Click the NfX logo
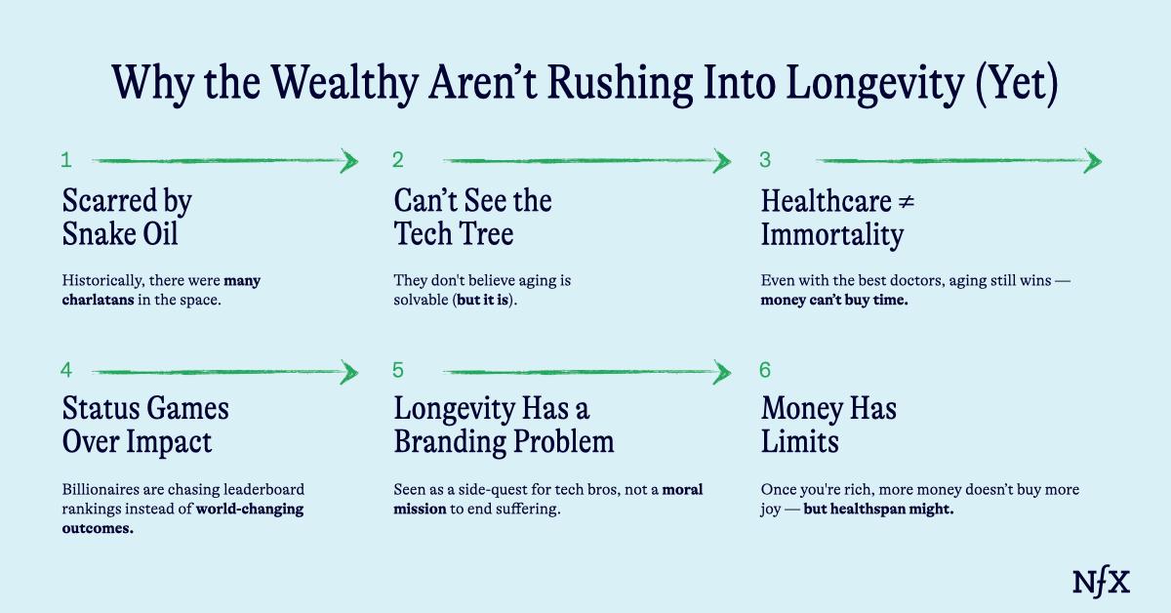tap(1101, 582)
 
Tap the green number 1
tap(66, 160)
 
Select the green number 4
tap(66, 370)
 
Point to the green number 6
tap(765, 370)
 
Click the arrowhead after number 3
tap(1093, 161)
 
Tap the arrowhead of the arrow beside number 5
tap(722, 371)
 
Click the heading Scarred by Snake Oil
tap(127, 218)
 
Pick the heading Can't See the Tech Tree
tap(472, 218)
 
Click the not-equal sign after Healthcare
tap(905, 202)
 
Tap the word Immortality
tap(831, 235)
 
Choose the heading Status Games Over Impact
tap(145, 424)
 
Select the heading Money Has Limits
tap(828, 424)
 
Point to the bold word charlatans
tap(98, 300)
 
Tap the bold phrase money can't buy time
tap(834, 300)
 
